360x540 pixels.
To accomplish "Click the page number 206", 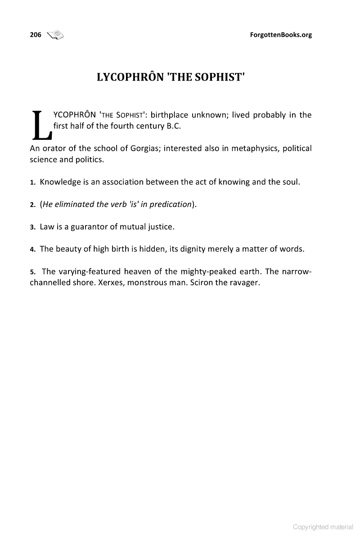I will tap(36, 35).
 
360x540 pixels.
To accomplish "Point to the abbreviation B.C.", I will tap(173, 126).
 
